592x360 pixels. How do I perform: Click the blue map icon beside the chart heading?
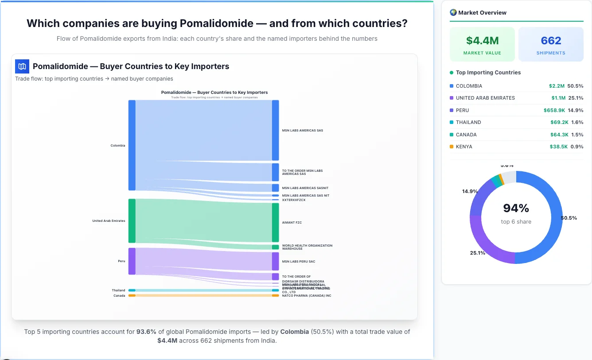(22, 66)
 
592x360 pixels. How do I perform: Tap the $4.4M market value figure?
(482, 41)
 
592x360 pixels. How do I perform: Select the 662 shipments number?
(551, 41)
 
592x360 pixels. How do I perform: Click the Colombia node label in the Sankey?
(118, 145)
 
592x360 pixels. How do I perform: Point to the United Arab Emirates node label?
(109, 221)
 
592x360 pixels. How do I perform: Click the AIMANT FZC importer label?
(292, 222)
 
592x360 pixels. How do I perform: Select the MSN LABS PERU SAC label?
(299, 261)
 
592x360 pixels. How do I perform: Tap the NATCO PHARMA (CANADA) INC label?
(307, 295)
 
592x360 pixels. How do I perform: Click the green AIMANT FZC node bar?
(275, 222)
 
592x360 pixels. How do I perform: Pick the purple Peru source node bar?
(132, 261)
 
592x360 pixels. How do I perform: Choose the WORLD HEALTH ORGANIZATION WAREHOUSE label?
(307, 247)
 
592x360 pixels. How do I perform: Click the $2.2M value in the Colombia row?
(557, 86)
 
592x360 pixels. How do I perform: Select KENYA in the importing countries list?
(464, 147)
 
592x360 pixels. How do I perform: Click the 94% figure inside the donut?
(516, 208)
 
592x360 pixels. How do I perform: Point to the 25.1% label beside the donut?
(477, 253)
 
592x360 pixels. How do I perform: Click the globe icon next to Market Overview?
(453, 12)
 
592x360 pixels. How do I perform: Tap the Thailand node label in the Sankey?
(118, 290)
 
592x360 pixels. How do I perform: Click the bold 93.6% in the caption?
(146, 332)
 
